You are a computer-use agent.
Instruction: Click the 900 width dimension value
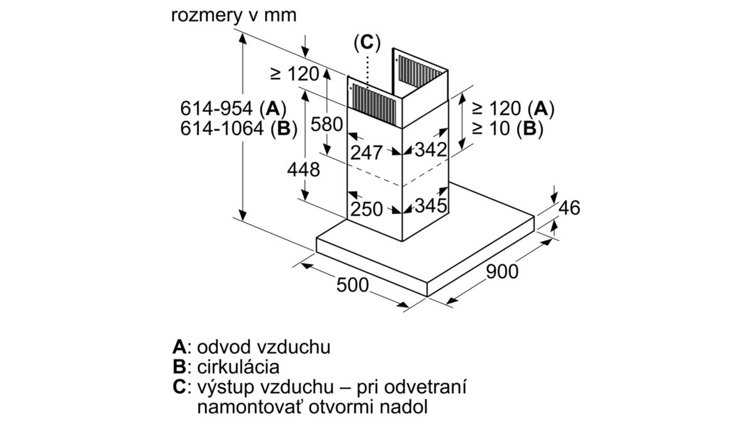(x=502, y=272)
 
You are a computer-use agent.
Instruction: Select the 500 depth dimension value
(x=352, y=285)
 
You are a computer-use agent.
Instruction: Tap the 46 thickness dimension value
(x=569, y=208)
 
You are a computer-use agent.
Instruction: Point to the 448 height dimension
(x=303, y=169)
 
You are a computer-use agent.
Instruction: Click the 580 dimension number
(x=327, y=124)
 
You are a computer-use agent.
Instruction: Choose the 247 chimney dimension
(x=366, y=153)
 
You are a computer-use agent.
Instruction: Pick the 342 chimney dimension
(x=431, y=149)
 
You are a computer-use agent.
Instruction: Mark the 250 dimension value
(x=366, y=209)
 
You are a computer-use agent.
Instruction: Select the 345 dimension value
(x=431, y=205)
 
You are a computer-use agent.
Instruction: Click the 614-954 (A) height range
(x=233, y=109)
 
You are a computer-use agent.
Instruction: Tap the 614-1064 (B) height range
(x=239, y=129)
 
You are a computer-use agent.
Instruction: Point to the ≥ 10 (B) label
(x=508, y=129)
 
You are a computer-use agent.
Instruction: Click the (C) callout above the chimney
(x=367, y=43)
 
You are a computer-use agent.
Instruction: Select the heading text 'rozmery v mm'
(x=234, y=16)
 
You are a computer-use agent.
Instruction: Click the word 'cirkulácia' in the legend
(x=238, y=367)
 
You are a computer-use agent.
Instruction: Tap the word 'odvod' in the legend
(x=224, y=347)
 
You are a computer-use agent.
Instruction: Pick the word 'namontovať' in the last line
(x=251, y=407)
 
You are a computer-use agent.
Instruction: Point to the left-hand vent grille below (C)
(x=374, y=103)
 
